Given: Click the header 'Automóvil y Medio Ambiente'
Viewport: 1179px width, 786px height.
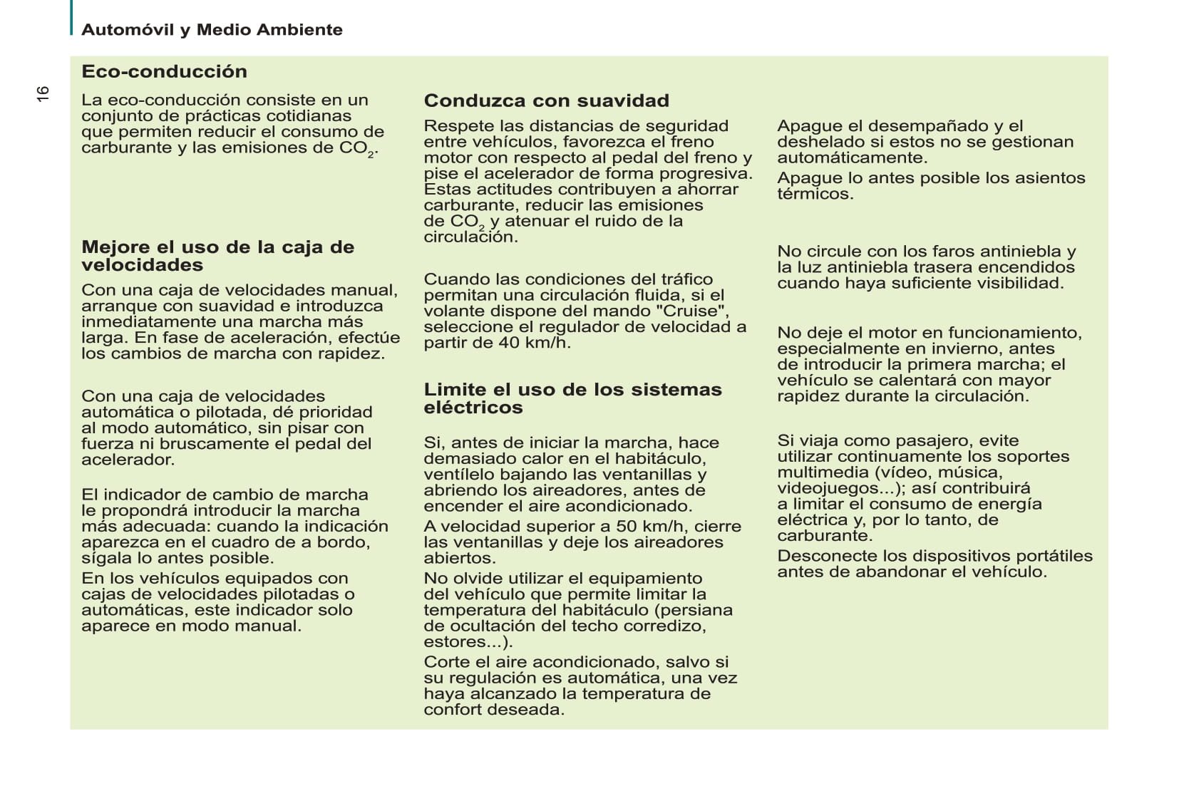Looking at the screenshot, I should pyautogui.click(x=212, y=30).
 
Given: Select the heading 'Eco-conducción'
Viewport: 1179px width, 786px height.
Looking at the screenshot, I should pyautogui.click(x=164, y=71).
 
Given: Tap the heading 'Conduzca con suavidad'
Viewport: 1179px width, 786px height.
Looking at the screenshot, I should pyautogui.click(x=546, y=100).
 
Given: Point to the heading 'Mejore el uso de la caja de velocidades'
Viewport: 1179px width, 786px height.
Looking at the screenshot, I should pyautogui.click(x=217, y=256).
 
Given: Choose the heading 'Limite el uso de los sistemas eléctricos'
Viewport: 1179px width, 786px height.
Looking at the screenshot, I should pyautogui.click(x=572, y=398).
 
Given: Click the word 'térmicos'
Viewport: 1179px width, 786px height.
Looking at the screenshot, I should pyautogui.click(x=815, y=194).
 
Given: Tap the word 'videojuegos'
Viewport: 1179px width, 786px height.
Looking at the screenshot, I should pyautogui.click(x=827, y=488).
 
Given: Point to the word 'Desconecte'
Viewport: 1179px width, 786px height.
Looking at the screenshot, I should pyautogui.click(x=826, y=556).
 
